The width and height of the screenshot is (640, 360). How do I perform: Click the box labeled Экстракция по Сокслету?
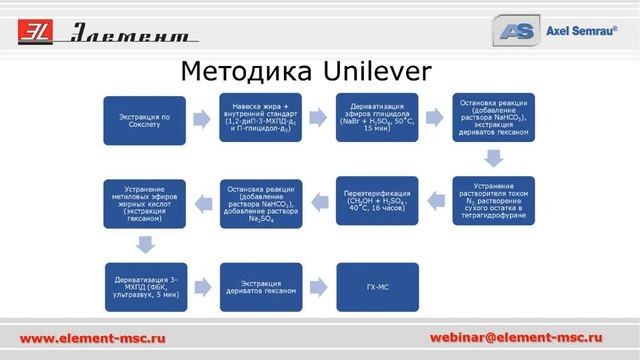coord(146,120)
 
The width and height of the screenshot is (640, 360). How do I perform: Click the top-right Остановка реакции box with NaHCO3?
coord(493,120)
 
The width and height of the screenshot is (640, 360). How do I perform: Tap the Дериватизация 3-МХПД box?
coord(146,287)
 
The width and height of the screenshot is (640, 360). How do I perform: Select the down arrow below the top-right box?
coord(493,159)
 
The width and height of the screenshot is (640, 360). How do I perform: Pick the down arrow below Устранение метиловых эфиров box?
coord(146,244)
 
